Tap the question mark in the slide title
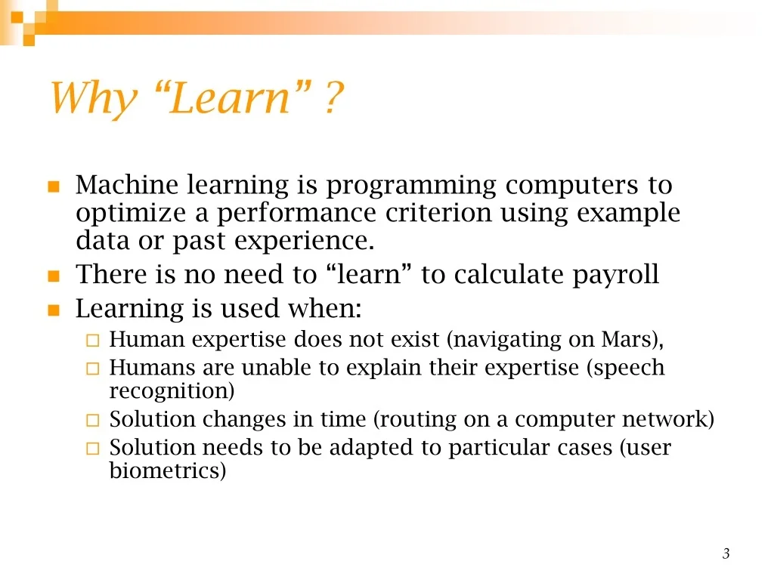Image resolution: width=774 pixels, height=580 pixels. (334, 97)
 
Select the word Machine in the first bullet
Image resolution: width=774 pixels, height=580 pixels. (127, 185)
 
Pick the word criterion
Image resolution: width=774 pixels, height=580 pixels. (438, 213)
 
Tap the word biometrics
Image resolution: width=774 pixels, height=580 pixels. (164, 470)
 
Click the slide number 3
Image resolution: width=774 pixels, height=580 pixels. (726, 554)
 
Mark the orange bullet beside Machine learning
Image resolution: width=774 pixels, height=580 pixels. (54, 187)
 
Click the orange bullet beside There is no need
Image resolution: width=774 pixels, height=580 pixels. (54, 276)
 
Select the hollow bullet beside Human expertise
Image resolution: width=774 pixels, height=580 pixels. (93, 341)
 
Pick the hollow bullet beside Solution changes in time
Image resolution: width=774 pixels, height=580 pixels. (93, 420)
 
